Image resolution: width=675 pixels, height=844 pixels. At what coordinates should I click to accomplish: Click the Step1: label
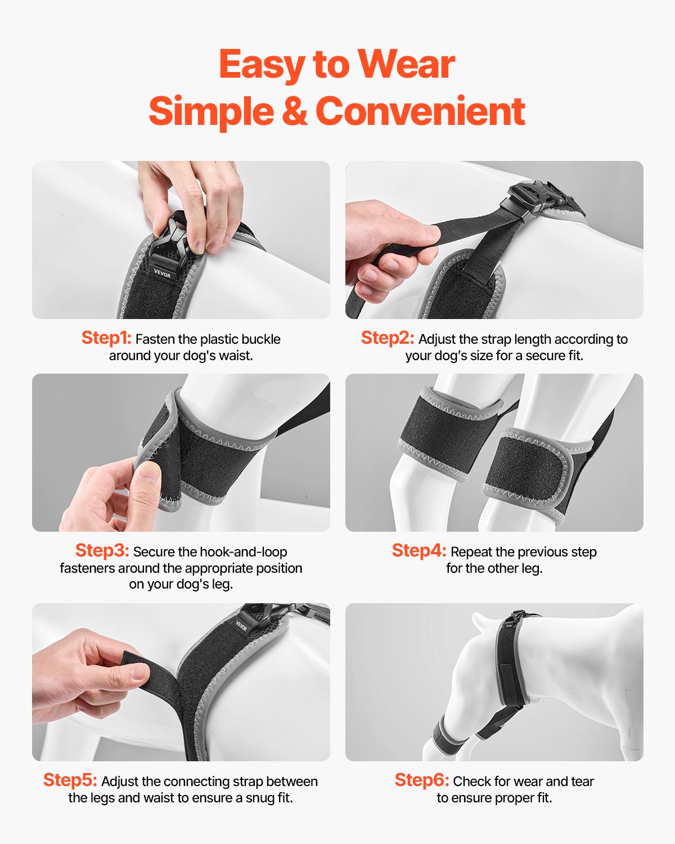coord(106,338)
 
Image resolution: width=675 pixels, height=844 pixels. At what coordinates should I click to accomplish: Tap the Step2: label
coord(388,338)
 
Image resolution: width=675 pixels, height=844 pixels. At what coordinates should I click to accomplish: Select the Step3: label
coord(102,550)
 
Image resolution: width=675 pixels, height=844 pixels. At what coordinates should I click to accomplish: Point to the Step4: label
coord(418,550)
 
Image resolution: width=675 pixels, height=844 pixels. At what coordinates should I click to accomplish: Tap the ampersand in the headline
coord(294,111)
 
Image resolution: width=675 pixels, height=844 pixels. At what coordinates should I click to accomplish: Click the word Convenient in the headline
coord(420,111)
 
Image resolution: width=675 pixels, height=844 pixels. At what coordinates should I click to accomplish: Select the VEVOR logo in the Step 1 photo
coord(162,273)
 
